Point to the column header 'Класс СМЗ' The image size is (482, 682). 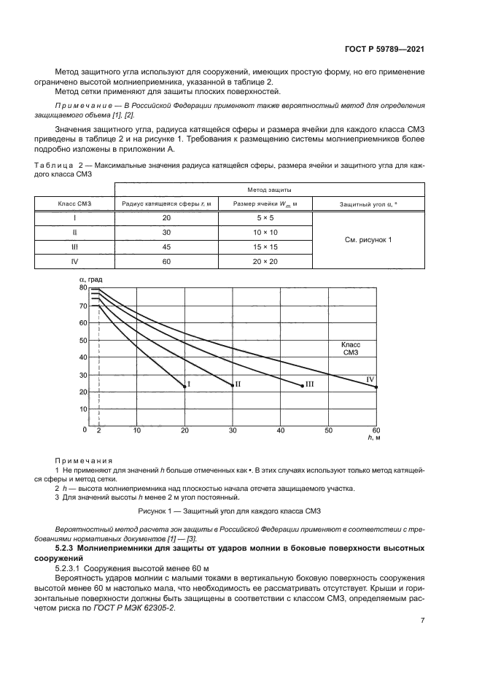coord(74,204)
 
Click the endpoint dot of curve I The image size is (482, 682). coord(184,387)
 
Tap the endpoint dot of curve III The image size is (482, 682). coord(302,386)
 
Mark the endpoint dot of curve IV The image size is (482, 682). coord(376,387)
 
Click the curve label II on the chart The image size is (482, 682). coord(238,384)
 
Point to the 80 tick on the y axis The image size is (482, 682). coord(82,288)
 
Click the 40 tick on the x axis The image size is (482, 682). coord(280,430)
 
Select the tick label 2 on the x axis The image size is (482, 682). coord(98,430)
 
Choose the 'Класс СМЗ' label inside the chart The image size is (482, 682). coord(351,348)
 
